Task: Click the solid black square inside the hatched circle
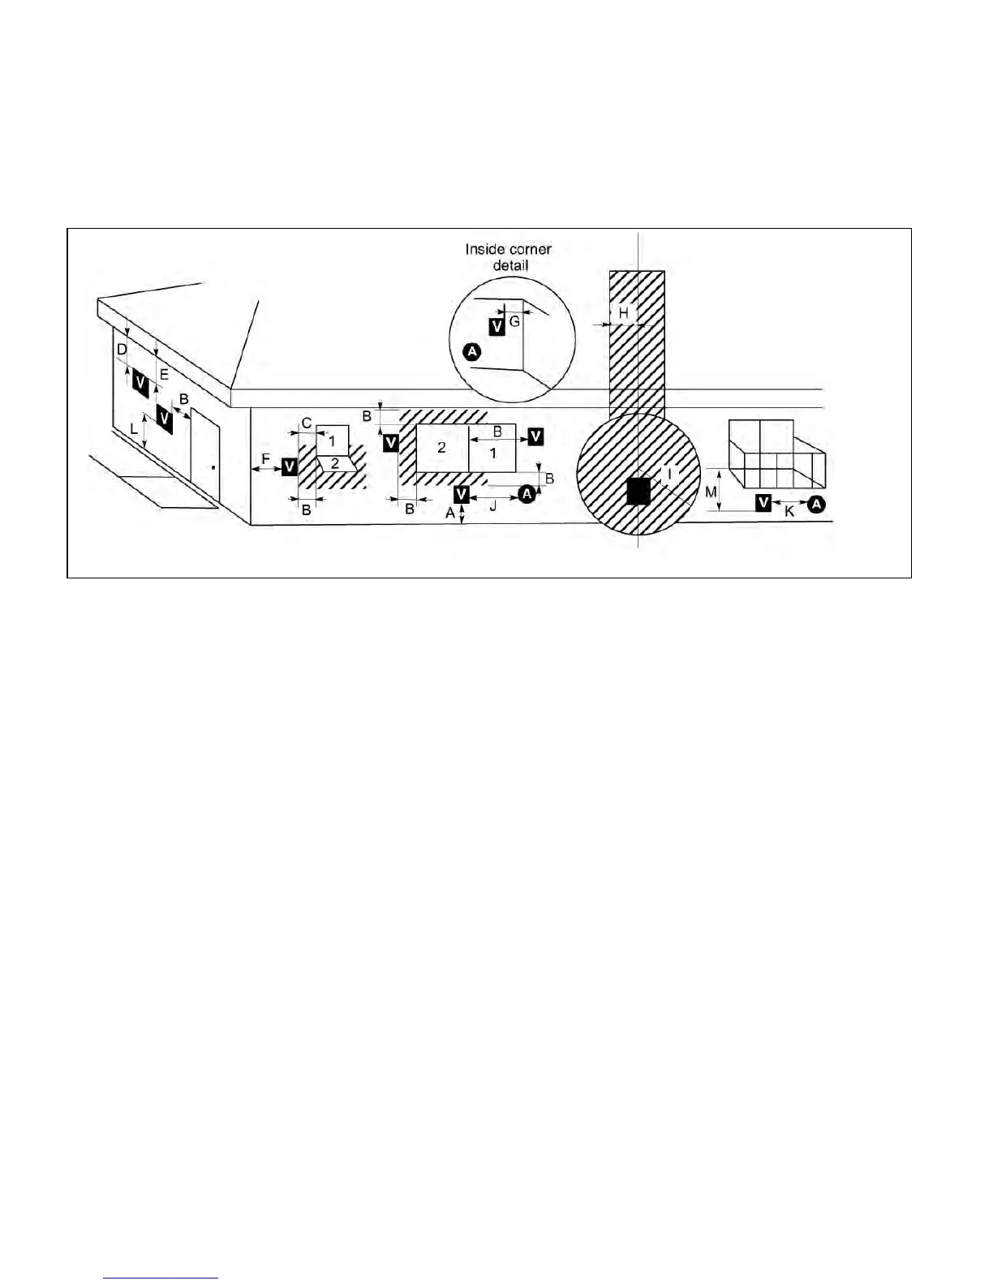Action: [x=638, y=491]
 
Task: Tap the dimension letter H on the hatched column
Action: [x=623, y=313]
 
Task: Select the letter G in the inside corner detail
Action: [x=514, y=322]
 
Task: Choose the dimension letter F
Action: [x=265, y=459]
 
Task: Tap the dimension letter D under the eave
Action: [x=121, y=350]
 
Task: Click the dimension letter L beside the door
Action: [x=134, y=428]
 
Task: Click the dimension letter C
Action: [x=307, y=423]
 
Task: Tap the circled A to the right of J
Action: [x=526, y=493]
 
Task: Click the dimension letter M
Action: [x=711, y=492]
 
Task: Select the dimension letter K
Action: [x=789, y=513]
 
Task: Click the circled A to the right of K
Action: [x=816, y=504]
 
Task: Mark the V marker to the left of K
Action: [x=763, y=503]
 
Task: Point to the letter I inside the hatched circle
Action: [x=669, y=471]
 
